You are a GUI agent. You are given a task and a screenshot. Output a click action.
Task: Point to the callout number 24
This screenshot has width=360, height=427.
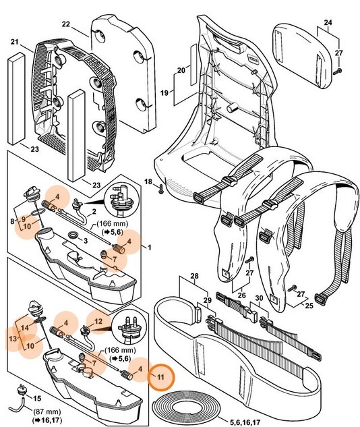click(328, 22)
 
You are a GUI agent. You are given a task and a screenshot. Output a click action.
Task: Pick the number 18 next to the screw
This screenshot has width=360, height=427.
click(148, 181)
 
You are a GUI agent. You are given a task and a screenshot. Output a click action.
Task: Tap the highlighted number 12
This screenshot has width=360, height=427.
click(98, 322)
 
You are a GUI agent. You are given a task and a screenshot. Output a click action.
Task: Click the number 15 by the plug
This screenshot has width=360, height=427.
click(37, 399)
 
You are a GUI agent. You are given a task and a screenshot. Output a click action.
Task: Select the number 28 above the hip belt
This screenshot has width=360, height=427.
click(193, 277)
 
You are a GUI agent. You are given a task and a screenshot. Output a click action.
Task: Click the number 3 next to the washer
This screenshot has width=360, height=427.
click(86, 240)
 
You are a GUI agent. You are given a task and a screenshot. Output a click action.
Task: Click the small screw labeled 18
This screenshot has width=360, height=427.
click(161, 186)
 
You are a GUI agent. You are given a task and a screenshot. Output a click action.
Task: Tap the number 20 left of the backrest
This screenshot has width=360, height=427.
click(181, 70)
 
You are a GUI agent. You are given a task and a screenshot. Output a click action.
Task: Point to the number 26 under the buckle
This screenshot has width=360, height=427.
click(242, 295)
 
